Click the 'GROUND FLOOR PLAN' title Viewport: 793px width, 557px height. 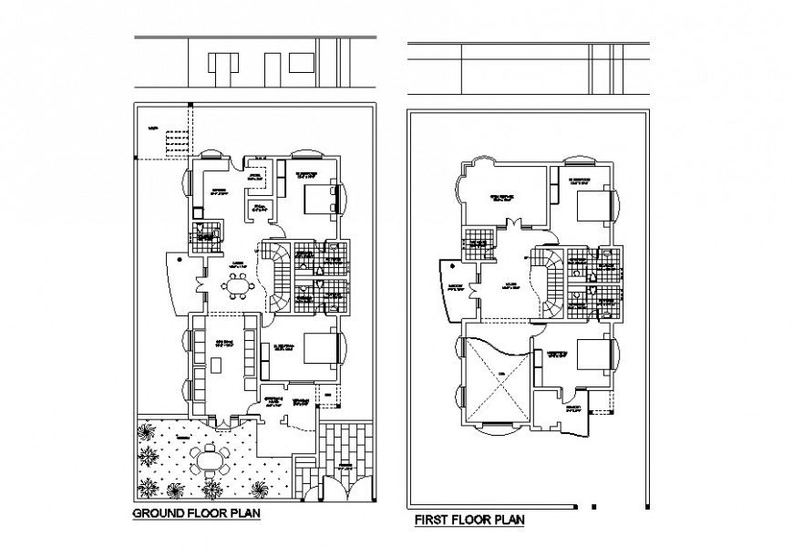(197, 514)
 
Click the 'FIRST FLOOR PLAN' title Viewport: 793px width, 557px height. (469, 521)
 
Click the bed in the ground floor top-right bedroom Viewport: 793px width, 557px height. (315, 196)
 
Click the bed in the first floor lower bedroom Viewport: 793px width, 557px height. (588, 354)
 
